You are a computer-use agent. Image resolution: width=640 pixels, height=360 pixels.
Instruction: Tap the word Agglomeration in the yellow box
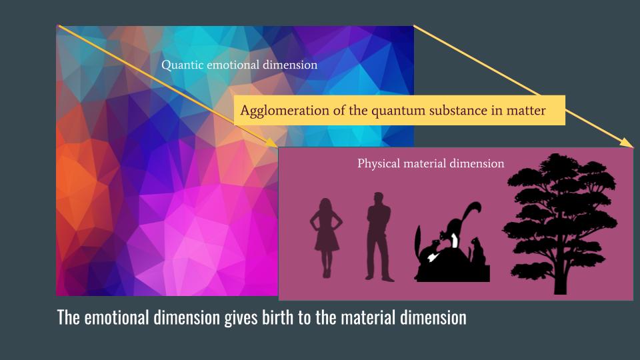(x=285, y=111)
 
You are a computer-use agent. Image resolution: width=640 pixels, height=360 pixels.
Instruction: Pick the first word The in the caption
(x=68, y=317)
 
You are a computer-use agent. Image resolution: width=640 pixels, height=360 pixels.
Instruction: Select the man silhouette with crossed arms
(x=379, y=237)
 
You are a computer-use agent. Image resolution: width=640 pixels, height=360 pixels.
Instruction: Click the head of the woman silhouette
(x=326, y=206)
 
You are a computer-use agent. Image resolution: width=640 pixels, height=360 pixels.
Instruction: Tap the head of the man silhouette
(x=379, y=199)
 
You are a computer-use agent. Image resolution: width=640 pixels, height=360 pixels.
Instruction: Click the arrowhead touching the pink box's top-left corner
(x=271, y=143)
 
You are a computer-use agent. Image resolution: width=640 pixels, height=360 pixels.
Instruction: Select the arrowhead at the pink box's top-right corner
(x=627, y=143)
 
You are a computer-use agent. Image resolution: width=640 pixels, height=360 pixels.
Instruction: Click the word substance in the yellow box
(x=455, y=111)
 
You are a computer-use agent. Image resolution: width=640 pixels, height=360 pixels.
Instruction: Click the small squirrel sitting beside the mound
(x=477, y=251)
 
